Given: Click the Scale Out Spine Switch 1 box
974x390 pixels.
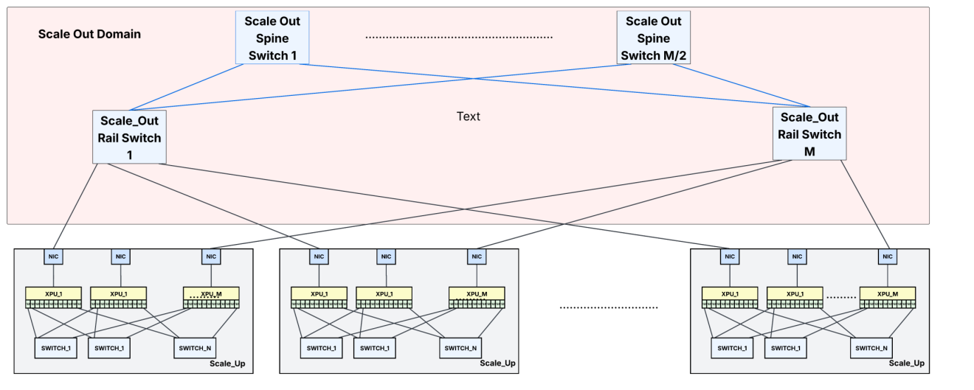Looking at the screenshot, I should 272,37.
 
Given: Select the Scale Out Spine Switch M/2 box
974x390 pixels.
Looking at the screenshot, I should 653,38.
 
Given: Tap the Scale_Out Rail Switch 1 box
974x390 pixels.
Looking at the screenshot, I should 129,136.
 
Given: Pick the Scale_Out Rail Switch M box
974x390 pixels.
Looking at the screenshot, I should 809,133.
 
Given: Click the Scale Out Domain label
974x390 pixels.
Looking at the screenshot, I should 89,34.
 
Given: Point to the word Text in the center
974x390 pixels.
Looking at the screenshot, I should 469,116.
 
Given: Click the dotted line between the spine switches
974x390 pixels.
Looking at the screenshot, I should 459,37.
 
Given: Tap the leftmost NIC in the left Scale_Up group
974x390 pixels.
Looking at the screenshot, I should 53,257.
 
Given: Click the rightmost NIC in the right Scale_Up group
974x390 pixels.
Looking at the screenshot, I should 888,257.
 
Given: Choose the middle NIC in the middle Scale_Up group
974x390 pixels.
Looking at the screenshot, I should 385,257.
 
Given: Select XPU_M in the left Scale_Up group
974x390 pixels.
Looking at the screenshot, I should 212,294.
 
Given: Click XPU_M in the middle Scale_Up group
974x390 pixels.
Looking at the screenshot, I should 477,294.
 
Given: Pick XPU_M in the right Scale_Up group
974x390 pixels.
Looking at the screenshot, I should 888,294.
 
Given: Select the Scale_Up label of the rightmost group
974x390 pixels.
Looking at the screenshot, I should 906,363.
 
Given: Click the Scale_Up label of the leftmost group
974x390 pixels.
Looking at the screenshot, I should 232,363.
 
